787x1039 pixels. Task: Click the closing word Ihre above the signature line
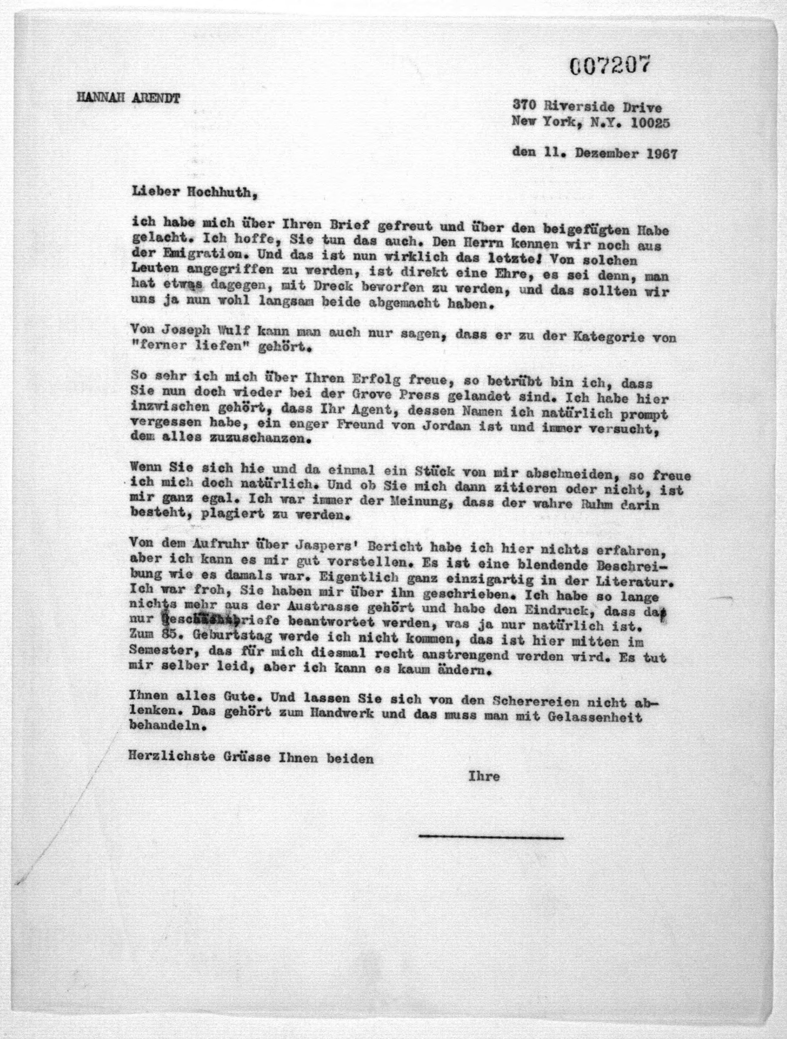click(484, 776)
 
